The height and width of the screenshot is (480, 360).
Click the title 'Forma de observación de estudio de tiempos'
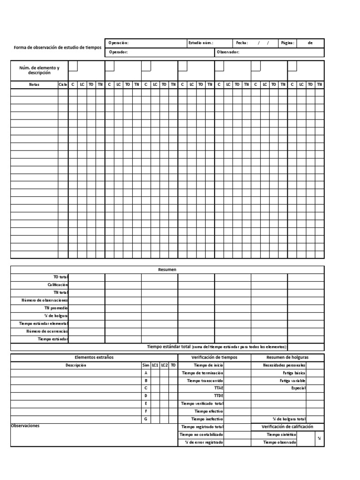[58, 48]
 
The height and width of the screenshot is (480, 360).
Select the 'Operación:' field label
[118, 43]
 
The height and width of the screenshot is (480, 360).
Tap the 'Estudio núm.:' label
[201, 43]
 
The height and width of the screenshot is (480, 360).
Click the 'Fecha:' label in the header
[242, 43]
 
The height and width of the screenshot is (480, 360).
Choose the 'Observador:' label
[228, 52]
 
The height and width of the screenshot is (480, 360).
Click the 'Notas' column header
[34, 84]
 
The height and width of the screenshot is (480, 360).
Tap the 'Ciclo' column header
[63, 84]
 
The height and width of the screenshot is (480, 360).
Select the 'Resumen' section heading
[167, 270]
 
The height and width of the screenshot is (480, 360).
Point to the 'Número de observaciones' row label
[45, 300]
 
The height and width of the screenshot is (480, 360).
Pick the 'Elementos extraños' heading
[94, 357]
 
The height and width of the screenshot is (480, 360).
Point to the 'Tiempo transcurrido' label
[205, 381]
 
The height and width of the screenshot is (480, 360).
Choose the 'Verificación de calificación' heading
[287, 427]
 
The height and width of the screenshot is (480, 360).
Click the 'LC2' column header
[164, 365]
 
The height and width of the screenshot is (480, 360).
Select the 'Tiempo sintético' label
[281, 435]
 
